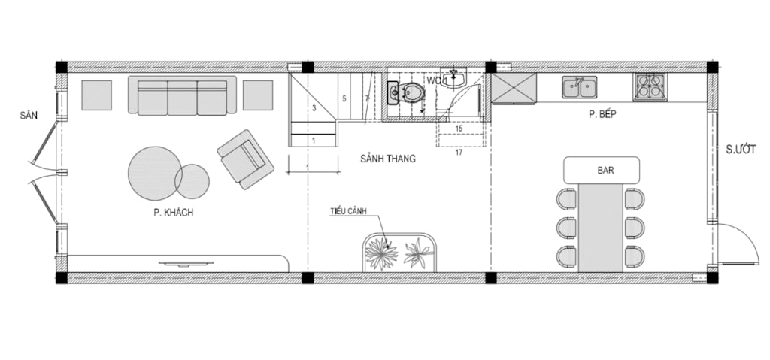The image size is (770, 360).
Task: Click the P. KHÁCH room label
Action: (174, 213)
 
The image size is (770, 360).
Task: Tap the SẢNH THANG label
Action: (388, 159)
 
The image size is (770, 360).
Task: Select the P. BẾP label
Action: (602, 114)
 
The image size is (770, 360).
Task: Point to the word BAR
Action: (605, 171)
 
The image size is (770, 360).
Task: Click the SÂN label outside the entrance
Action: (29, 116)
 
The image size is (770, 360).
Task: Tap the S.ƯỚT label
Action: (741, 150)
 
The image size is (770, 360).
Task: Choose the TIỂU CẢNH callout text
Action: (349, 211)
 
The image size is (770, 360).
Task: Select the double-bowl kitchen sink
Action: (580, 87)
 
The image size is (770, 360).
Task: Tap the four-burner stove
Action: (649, 87)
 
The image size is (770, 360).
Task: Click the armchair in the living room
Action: (246, 159)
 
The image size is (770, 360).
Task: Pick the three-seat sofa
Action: (182, 95)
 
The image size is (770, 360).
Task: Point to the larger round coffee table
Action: (155, 174)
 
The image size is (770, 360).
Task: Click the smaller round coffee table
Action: (192, 181)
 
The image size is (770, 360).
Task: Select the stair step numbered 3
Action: (314, 108)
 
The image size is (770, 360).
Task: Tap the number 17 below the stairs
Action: (459, 153)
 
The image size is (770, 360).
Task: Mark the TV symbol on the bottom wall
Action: (186, 264)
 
